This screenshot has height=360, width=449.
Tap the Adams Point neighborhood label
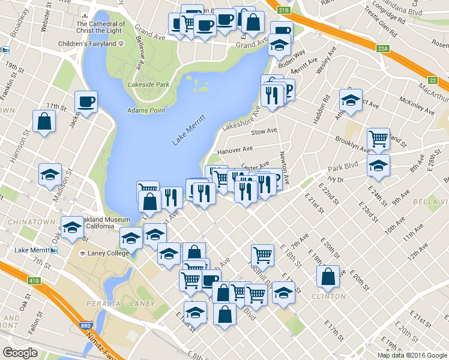pos(143,110)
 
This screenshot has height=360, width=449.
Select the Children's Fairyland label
pos(88,44)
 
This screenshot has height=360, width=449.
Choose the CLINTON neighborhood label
pos(329,296)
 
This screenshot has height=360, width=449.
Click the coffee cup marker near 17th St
pos(86,101)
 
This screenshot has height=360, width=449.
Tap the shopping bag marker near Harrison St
pos(44,121)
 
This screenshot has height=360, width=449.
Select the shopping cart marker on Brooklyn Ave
pos(378,139)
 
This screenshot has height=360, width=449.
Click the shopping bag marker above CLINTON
pos(328,276)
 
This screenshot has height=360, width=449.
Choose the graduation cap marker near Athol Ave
pos(351,100)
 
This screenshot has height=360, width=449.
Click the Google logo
pos(20,353)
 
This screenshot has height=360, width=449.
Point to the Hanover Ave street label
pos(235,149)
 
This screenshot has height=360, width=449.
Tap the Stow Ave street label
pos(264,131)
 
